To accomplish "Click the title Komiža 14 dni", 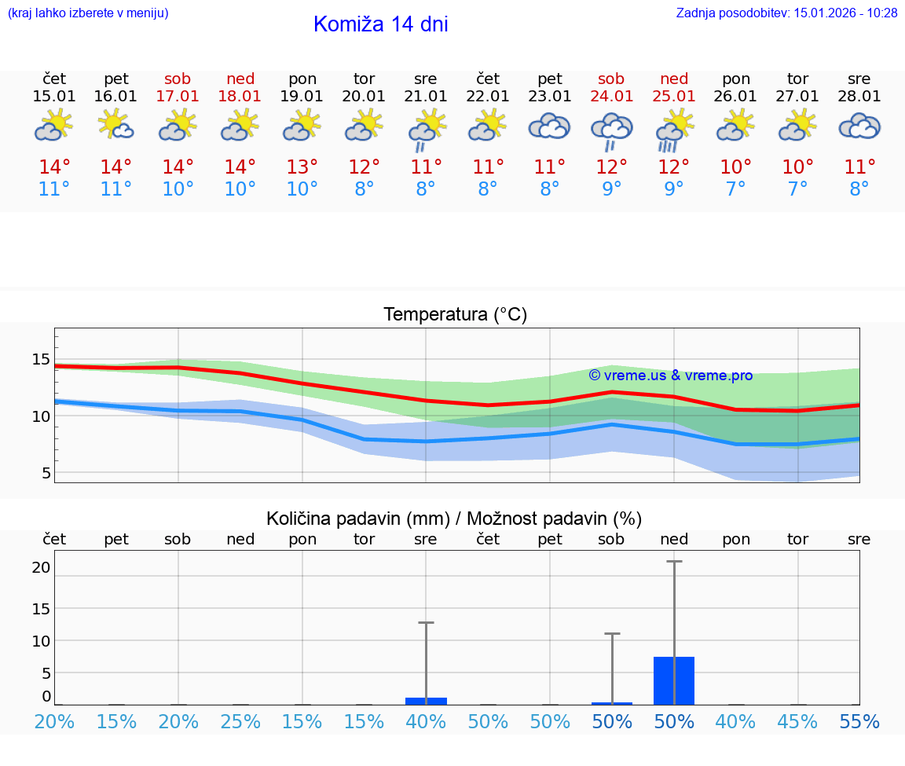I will [380, 24].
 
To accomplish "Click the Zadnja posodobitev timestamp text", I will [786, 13].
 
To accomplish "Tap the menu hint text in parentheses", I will [88, 13].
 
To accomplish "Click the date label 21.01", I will [426, 97].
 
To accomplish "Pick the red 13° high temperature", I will [302, 167].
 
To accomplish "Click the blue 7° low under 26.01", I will [736, 189].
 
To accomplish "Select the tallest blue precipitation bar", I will [674, 680].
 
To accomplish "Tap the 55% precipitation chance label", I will [859, 722].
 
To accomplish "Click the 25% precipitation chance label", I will [240, 722].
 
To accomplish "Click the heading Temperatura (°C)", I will [455, 315].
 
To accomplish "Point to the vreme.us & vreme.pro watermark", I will [671, 376].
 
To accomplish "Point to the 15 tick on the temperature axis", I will [41, 360].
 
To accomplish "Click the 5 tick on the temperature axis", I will [46, 473].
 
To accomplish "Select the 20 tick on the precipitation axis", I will [41, 567].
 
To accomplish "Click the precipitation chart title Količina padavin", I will [454, 519].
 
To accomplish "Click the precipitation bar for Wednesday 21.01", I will [426, 701].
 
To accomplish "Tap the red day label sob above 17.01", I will [178, 79].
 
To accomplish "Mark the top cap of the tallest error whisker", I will [674, 562].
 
